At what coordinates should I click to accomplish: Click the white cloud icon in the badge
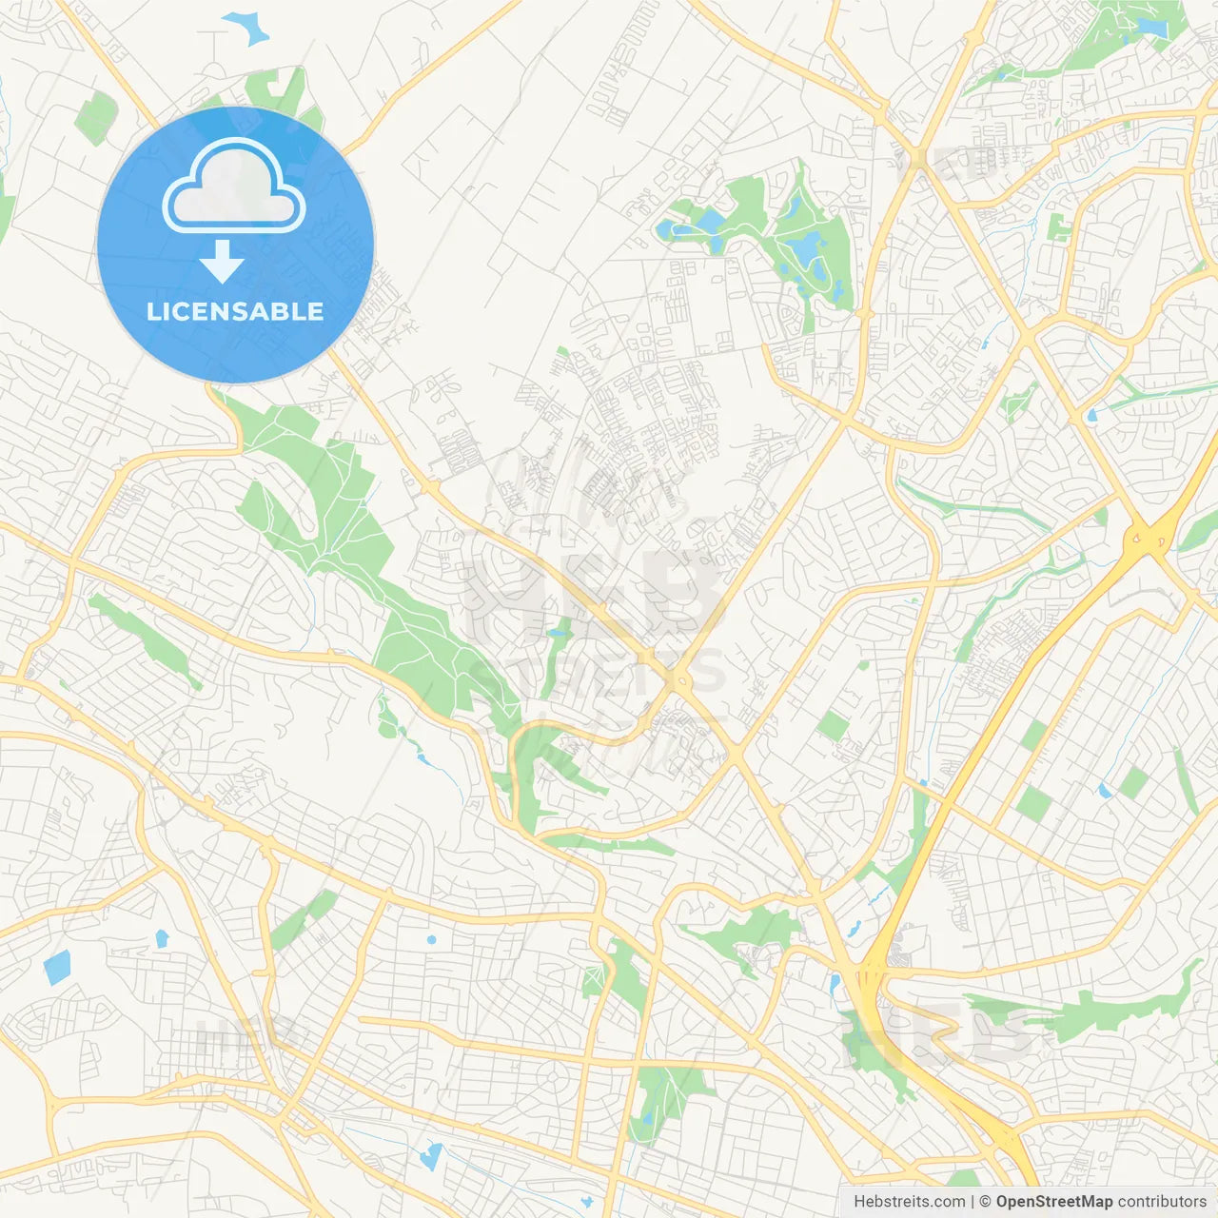point(234,187)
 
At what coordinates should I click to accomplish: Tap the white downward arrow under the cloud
point(222,262)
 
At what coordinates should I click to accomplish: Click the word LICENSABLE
point(235,311)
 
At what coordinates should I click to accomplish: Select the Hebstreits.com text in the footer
point(909,1202)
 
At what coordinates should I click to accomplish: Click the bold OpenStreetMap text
point(1054,1202)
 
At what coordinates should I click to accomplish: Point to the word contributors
point(1162,1202)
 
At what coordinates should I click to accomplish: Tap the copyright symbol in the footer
point(986,1202)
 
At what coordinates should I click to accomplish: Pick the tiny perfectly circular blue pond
point(431,940)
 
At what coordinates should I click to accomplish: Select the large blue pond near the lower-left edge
point(56,968)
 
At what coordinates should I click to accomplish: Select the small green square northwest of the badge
point(95,118)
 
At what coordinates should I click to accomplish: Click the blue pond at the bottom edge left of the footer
point(431,1156)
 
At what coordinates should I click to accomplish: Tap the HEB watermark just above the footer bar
point(937,1032)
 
